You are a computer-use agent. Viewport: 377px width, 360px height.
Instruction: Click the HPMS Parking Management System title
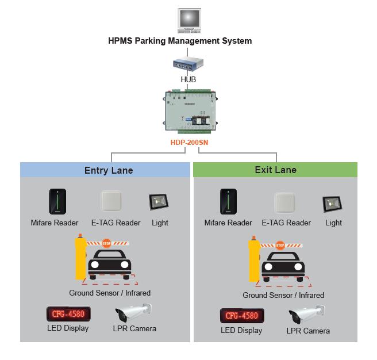click(x=180, y=41)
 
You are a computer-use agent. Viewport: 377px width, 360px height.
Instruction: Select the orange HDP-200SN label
click(x=188, y=142)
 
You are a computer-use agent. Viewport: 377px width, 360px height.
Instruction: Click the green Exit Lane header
click(x=275, y=170)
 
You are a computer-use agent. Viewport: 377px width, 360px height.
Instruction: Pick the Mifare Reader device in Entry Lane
click(x=56, y=202)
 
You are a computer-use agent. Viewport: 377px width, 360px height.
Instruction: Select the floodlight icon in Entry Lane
click(x=159, y=202)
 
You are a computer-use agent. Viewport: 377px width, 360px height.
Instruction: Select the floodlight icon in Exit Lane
click(x=332, y=203)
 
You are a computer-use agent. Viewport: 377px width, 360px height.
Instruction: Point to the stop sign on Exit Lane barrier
click(x=280, y=244)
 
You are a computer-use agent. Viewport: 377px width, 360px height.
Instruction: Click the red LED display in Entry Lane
click(x=68, y=315)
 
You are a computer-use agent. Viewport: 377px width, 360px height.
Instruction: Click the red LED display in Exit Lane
click(x=241, y=316)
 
